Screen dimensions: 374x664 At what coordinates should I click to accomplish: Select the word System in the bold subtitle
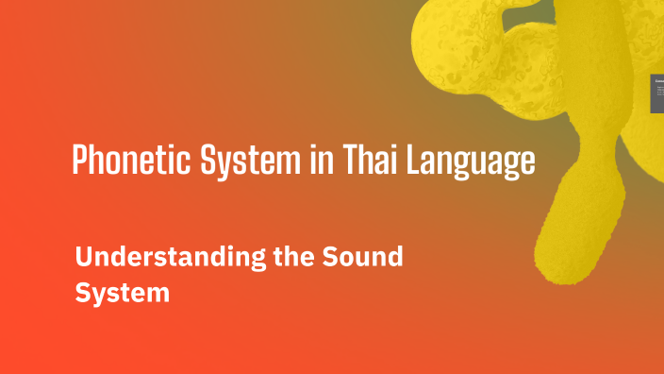122,293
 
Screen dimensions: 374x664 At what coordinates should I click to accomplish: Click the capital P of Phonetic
81,161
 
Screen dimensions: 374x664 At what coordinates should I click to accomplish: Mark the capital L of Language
411,161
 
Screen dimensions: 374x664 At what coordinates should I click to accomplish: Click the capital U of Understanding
84,257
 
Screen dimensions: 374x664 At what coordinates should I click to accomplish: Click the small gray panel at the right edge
656,94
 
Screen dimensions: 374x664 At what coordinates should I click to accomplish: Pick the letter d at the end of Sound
395,257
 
